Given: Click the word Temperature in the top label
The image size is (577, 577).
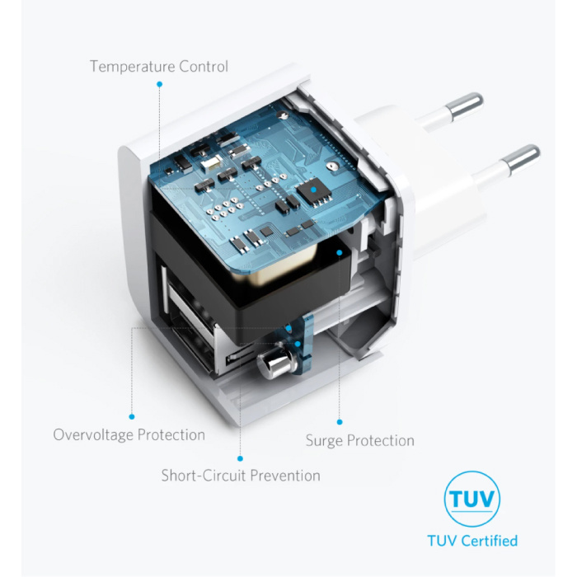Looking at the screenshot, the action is click(x=133, y=67).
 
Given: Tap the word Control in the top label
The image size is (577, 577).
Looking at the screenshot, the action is click(x=204, y=66).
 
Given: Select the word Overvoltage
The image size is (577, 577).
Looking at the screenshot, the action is click(x=93, y=435).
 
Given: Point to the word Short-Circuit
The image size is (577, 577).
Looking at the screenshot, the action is click(x=204, y=476).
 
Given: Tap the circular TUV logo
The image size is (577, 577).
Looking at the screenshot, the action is click(x=472, y=499).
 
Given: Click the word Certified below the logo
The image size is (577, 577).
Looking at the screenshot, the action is click(x=490, y=541).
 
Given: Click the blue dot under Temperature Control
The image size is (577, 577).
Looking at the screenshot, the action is click(x=159, y=84).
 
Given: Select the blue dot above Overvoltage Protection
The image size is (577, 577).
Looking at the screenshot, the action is click(x=132, y=416).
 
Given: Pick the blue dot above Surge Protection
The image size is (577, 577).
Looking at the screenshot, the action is click(x=340, y=422).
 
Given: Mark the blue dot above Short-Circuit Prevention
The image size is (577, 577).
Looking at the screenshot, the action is click(x=241, y=458).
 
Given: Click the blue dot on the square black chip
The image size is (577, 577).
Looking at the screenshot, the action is click(x=313, y=190).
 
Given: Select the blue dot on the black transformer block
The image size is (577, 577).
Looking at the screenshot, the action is click(x=340, y=253).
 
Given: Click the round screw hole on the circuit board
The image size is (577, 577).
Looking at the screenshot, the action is click(x=333, y=166).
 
